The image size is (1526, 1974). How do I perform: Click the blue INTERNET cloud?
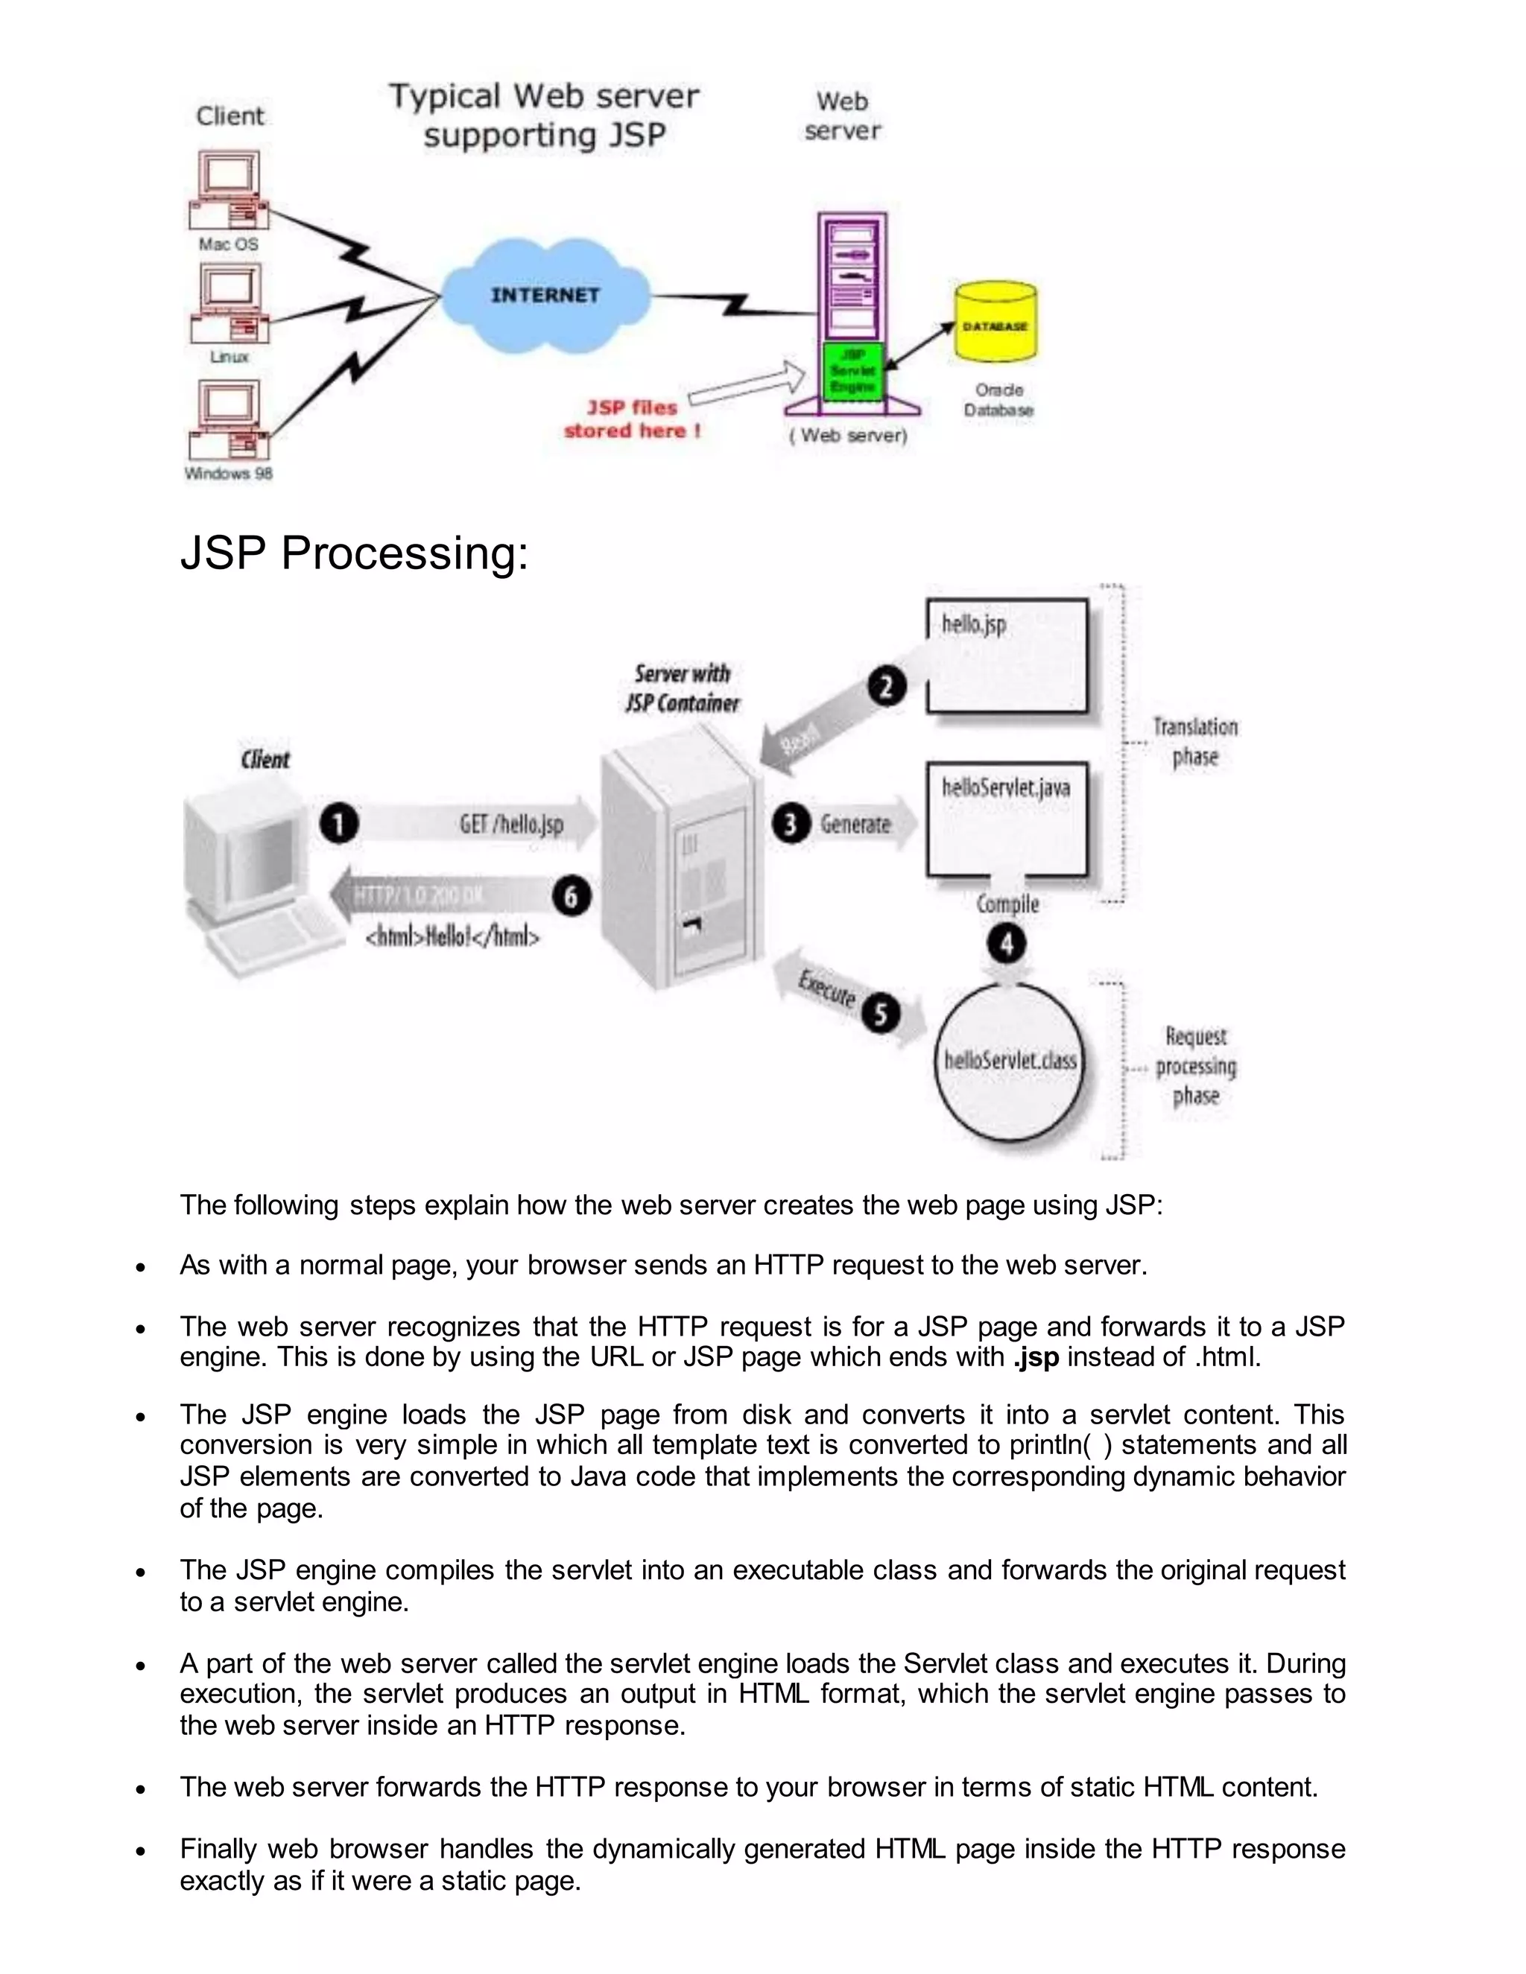[545, 296]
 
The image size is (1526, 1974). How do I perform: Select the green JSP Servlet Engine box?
[852, 370]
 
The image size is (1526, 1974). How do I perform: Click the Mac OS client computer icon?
[229, 191]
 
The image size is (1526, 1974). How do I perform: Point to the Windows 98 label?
[229, 474]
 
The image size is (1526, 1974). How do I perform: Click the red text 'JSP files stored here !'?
[632, 419]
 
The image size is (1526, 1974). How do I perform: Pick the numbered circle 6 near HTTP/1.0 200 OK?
[572, 897]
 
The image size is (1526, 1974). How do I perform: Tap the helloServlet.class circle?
[1010, 1060]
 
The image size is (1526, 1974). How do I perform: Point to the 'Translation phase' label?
[1195, 741]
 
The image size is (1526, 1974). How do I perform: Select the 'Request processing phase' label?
[1195, 1066]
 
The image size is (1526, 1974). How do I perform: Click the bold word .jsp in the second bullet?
[1035, 1356]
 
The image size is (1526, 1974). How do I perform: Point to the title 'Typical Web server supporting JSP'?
[544, 115]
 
